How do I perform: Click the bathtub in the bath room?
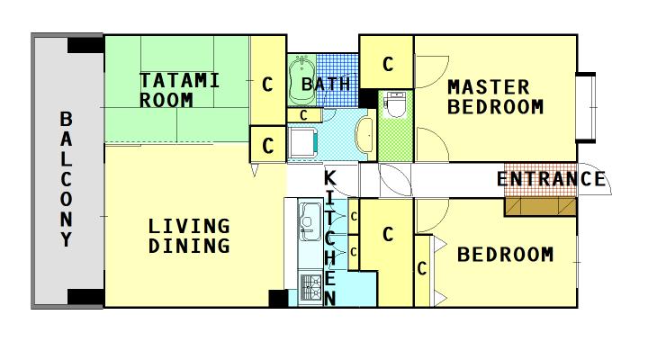[302, 80]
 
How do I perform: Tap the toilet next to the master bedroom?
[394, 104]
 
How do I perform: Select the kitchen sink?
[310, 222]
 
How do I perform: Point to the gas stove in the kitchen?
[310, 287]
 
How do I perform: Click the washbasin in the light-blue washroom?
[364, 134]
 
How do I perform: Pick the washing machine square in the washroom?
[303, 142]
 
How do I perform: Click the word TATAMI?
[179, 81]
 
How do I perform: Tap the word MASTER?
[489, 87]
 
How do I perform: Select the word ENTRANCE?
[552, 179]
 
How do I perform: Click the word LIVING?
[189, 226]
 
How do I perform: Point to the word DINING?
[189, 246]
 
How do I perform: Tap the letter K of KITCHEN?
[329, 178]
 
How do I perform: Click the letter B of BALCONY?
[66, 119]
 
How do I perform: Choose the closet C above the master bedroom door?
[387, 63]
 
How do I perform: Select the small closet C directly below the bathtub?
[304, 115]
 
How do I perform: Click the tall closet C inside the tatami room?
[268, 84]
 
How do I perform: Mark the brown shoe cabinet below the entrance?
[540, 206]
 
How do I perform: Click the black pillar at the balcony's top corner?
[85, 45]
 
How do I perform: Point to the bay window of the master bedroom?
[586, 108]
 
